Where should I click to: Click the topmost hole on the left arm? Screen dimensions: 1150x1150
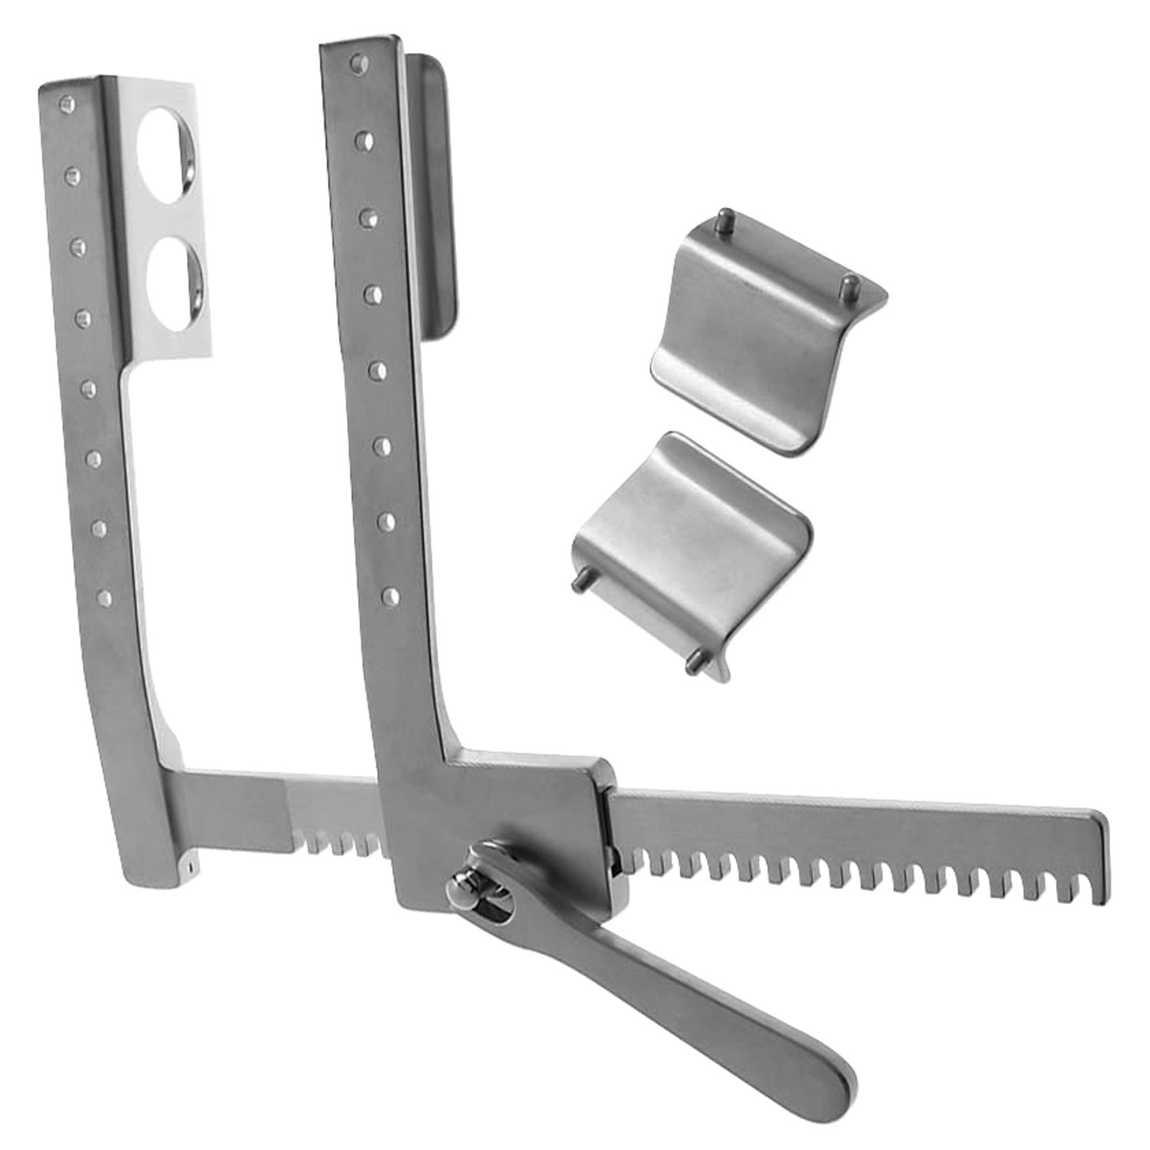[67, 101]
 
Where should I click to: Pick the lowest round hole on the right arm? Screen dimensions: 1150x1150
[391, 595]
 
